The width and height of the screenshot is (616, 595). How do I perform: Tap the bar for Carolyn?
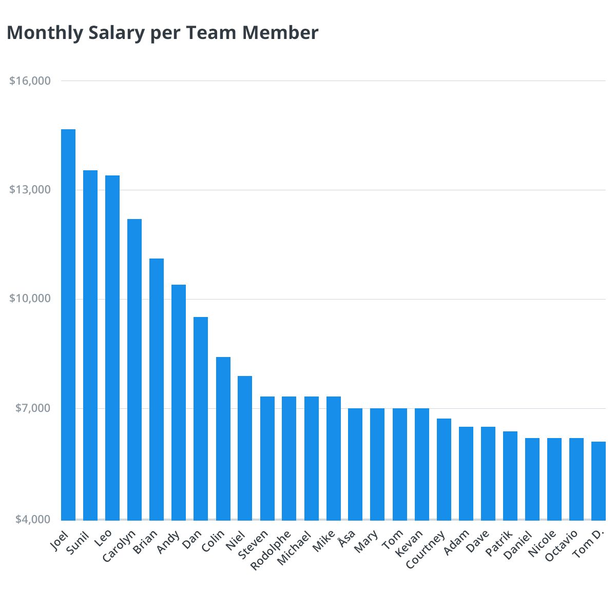(134, 369)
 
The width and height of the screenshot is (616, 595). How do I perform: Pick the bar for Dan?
(201, 418)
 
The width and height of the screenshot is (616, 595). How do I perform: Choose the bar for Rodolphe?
(289, 458)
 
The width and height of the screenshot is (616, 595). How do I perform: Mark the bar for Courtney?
(444, 469)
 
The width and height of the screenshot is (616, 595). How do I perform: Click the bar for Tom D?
(599, 481)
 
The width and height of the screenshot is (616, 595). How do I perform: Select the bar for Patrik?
(510, 475)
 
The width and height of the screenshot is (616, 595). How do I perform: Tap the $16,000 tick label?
(30, 81)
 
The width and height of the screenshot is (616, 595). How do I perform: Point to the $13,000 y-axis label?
(30, 190)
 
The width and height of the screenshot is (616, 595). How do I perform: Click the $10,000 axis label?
(30, 299)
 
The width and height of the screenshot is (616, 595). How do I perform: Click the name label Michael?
(295, 548)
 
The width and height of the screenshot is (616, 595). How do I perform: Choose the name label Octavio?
(561, 547)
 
